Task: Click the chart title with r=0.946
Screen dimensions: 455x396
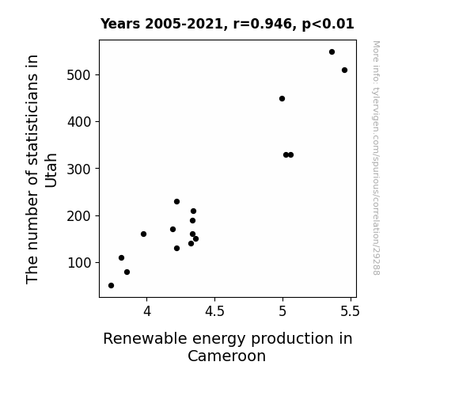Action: (x=227, y=24)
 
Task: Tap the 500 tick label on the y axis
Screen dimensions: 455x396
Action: (x=79, y=75)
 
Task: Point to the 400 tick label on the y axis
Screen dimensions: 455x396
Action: (x=79, y=122)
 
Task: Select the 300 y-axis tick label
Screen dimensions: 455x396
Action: (x=79, y=169)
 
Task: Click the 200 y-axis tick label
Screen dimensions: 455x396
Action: (x=79, y=216)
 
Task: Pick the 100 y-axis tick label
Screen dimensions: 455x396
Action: (x=79, y=263)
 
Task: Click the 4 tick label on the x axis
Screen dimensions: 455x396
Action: (x=147, y=311)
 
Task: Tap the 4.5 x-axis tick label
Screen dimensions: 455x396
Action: (x=214, y=311)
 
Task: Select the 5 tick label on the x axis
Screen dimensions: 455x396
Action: (x=282, y=311)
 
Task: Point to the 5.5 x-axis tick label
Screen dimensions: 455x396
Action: (x=351, y=311)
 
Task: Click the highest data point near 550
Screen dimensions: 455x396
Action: (x=332, y=52)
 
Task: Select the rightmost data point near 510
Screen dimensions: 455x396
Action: (x=344, y=70)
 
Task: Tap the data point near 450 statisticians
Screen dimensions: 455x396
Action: (x=282, y=99)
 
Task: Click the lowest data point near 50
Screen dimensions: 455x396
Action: (x=111, y=286)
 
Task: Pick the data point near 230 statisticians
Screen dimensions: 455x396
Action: (x=176, y=202)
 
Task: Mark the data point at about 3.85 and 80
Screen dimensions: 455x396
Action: (x=127, y=272)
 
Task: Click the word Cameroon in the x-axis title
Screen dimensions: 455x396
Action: (x=226, y=356)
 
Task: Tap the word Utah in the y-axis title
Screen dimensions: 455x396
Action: (x=51, y=170)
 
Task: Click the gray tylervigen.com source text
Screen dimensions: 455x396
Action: (x=376, y=158)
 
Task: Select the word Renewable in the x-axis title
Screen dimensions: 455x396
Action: (x=145, y=339)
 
